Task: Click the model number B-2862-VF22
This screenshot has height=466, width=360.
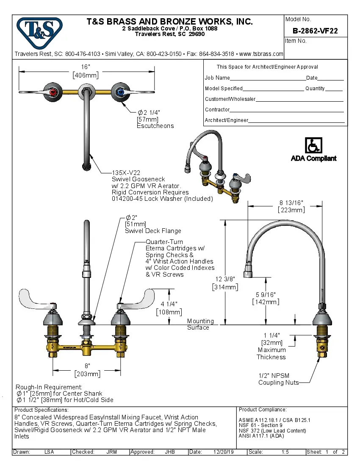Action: (315, 31)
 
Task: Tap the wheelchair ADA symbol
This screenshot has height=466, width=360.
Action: (313, 146)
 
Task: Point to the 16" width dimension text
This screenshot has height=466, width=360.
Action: (86, 67)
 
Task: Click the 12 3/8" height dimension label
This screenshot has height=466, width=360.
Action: (224, 280)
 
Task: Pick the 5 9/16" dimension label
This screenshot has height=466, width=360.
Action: (266, 294)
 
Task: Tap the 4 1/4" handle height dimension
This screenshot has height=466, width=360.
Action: (169, 305)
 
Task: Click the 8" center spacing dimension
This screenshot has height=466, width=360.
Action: (87, 366)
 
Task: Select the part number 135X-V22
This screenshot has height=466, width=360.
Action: (126, 173)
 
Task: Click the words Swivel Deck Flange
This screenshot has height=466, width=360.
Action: (152, 231)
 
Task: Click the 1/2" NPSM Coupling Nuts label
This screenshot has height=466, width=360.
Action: (278, 379)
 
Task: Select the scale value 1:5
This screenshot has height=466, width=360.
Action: (285, 452)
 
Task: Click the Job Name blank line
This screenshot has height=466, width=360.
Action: (268, 78)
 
